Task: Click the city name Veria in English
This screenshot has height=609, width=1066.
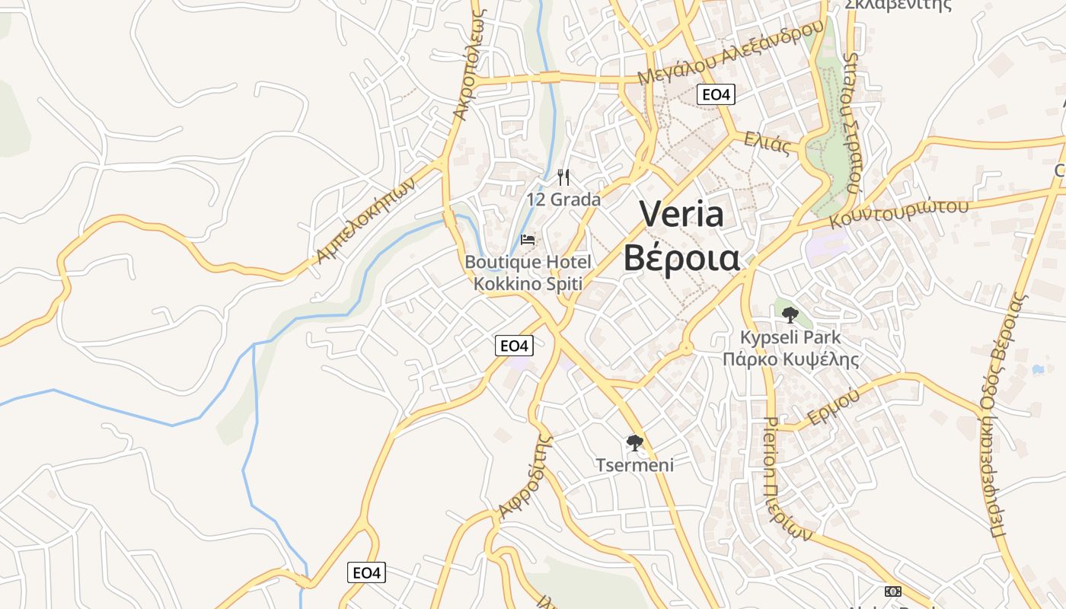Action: (x=681, y=214)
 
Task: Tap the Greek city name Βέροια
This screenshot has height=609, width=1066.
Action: (x=681, y=257)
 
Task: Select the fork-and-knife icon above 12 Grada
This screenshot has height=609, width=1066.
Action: (x=563, y=177)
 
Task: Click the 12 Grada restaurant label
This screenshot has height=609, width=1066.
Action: (x=563, y=200)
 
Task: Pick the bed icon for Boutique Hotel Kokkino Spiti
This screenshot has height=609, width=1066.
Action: (x=528, y=240)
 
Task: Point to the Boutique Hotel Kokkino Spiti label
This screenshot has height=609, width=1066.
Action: (x=528, y=273)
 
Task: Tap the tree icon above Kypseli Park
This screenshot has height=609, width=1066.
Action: (x=790, y=314)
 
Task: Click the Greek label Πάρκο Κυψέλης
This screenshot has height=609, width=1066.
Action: (x=790, y=359)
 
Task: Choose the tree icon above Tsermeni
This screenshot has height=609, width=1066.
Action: (x=634, y=442)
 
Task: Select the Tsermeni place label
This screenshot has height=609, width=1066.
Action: (x=634, y=464)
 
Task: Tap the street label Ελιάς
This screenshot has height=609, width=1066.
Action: (x=768, y=142)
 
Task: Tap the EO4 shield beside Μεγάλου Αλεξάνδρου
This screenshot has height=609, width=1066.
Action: (x=716, y=94)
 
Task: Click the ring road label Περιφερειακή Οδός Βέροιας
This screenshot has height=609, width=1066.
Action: (x=1010, y=415)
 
